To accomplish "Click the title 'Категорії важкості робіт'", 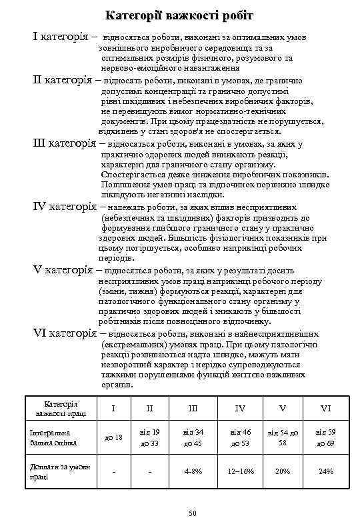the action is (x=180, y=14).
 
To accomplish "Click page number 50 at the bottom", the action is (x=193, y=512).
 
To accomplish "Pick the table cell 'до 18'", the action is (x=114, y=437).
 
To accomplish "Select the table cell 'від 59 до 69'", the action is (x=325, y=437).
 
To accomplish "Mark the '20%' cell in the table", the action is (x=283, y=471).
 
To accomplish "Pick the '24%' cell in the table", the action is (x=325, y=471).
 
